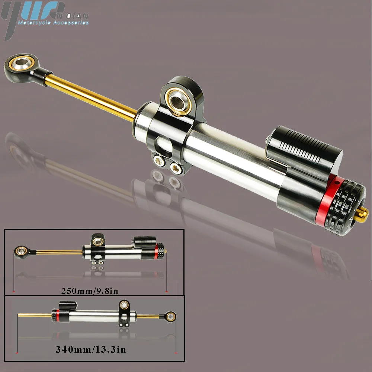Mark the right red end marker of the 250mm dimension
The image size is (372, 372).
click(166, 291)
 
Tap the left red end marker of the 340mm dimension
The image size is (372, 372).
click(17, 352)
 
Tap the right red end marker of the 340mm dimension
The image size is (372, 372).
click(175, 352)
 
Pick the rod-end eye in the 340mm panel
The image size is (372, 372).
click(170, 317)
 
